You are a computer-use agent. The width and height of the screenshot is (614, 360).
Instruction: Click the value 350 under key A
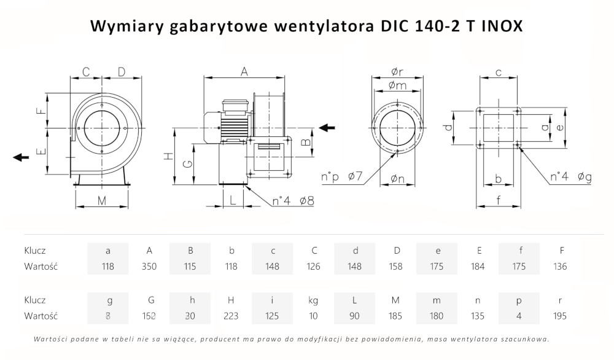(x=149, y=267)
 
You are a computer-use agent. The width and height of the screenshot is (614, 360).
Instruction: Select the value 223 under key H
(x=231, y=316)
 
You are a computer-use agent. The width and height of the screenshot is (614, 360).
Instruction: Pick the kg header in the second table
(x=314, y=300)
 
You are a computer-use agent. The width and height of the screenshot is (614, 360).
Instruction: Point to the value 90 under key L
(x=355, y=316)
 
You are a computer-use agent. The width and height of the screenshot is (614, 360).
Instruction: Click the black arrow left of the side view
(x=21, y=157)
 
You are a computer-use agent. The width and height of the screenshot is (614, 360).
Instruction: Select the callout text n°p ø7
(x=341, y=178)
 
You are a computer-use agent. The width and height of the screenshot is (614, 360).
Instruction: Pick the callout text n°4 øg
(x=571, y=178)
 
